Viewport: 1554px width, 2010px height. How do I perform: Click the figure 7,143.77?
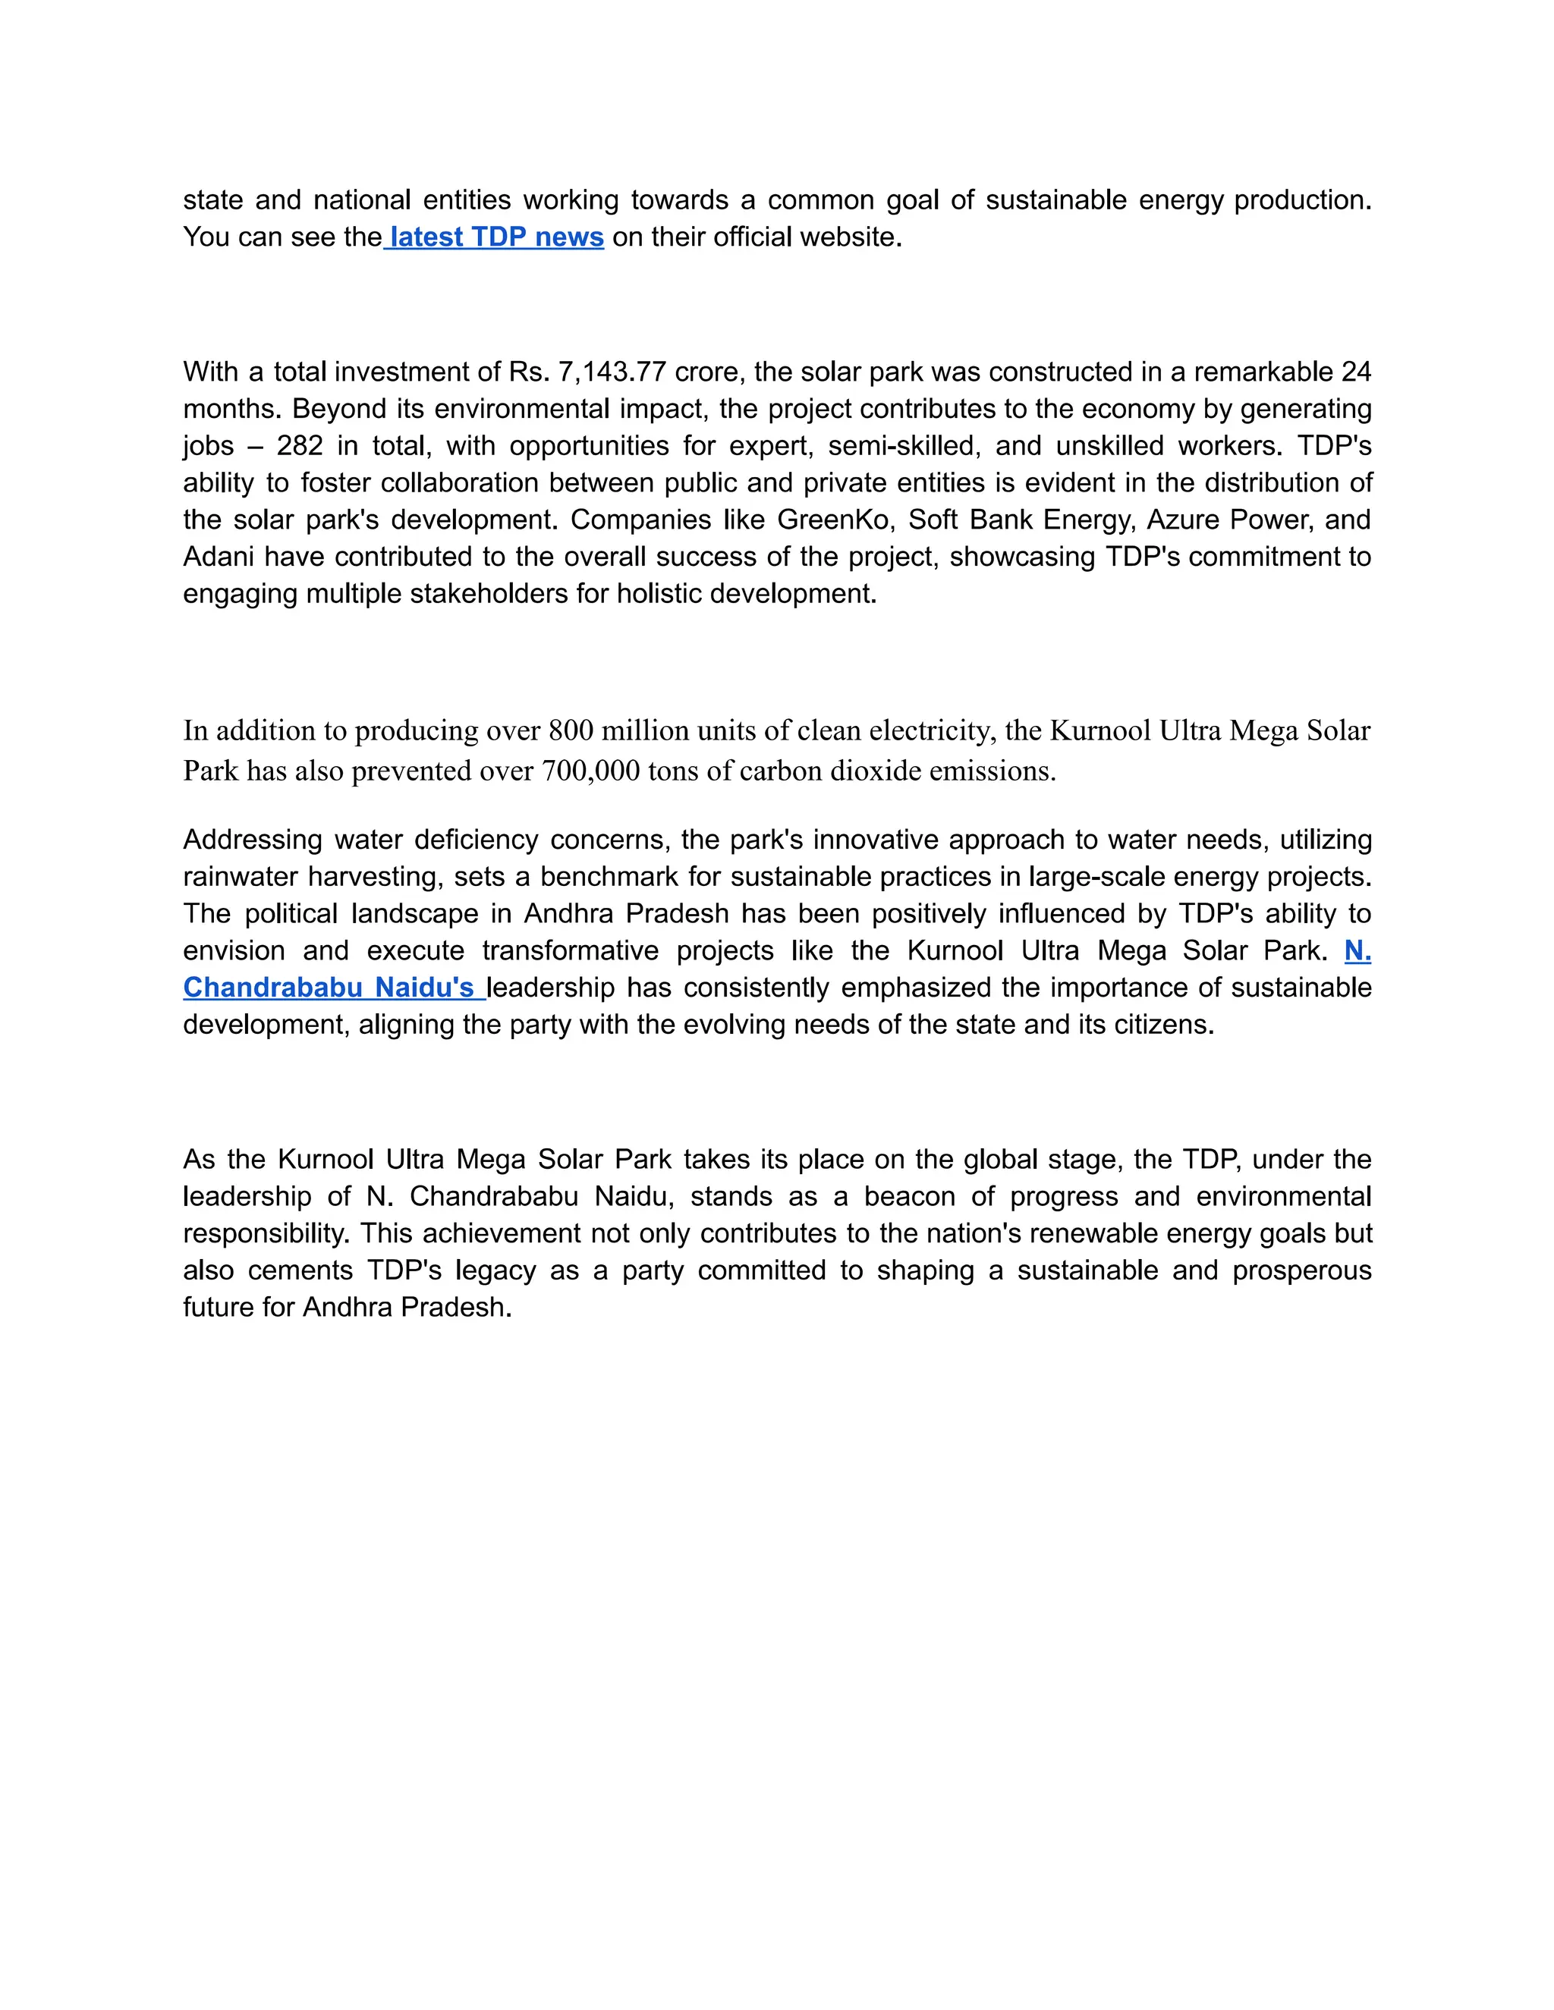click(612, 372)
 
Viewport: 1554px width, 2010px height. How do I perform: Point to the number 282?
click(300, 446)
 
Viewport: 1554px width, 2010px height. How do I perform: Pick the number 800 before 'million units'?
click(571, 730)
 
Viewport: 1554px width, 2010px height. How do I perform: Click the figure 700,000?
click(590, 771)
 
